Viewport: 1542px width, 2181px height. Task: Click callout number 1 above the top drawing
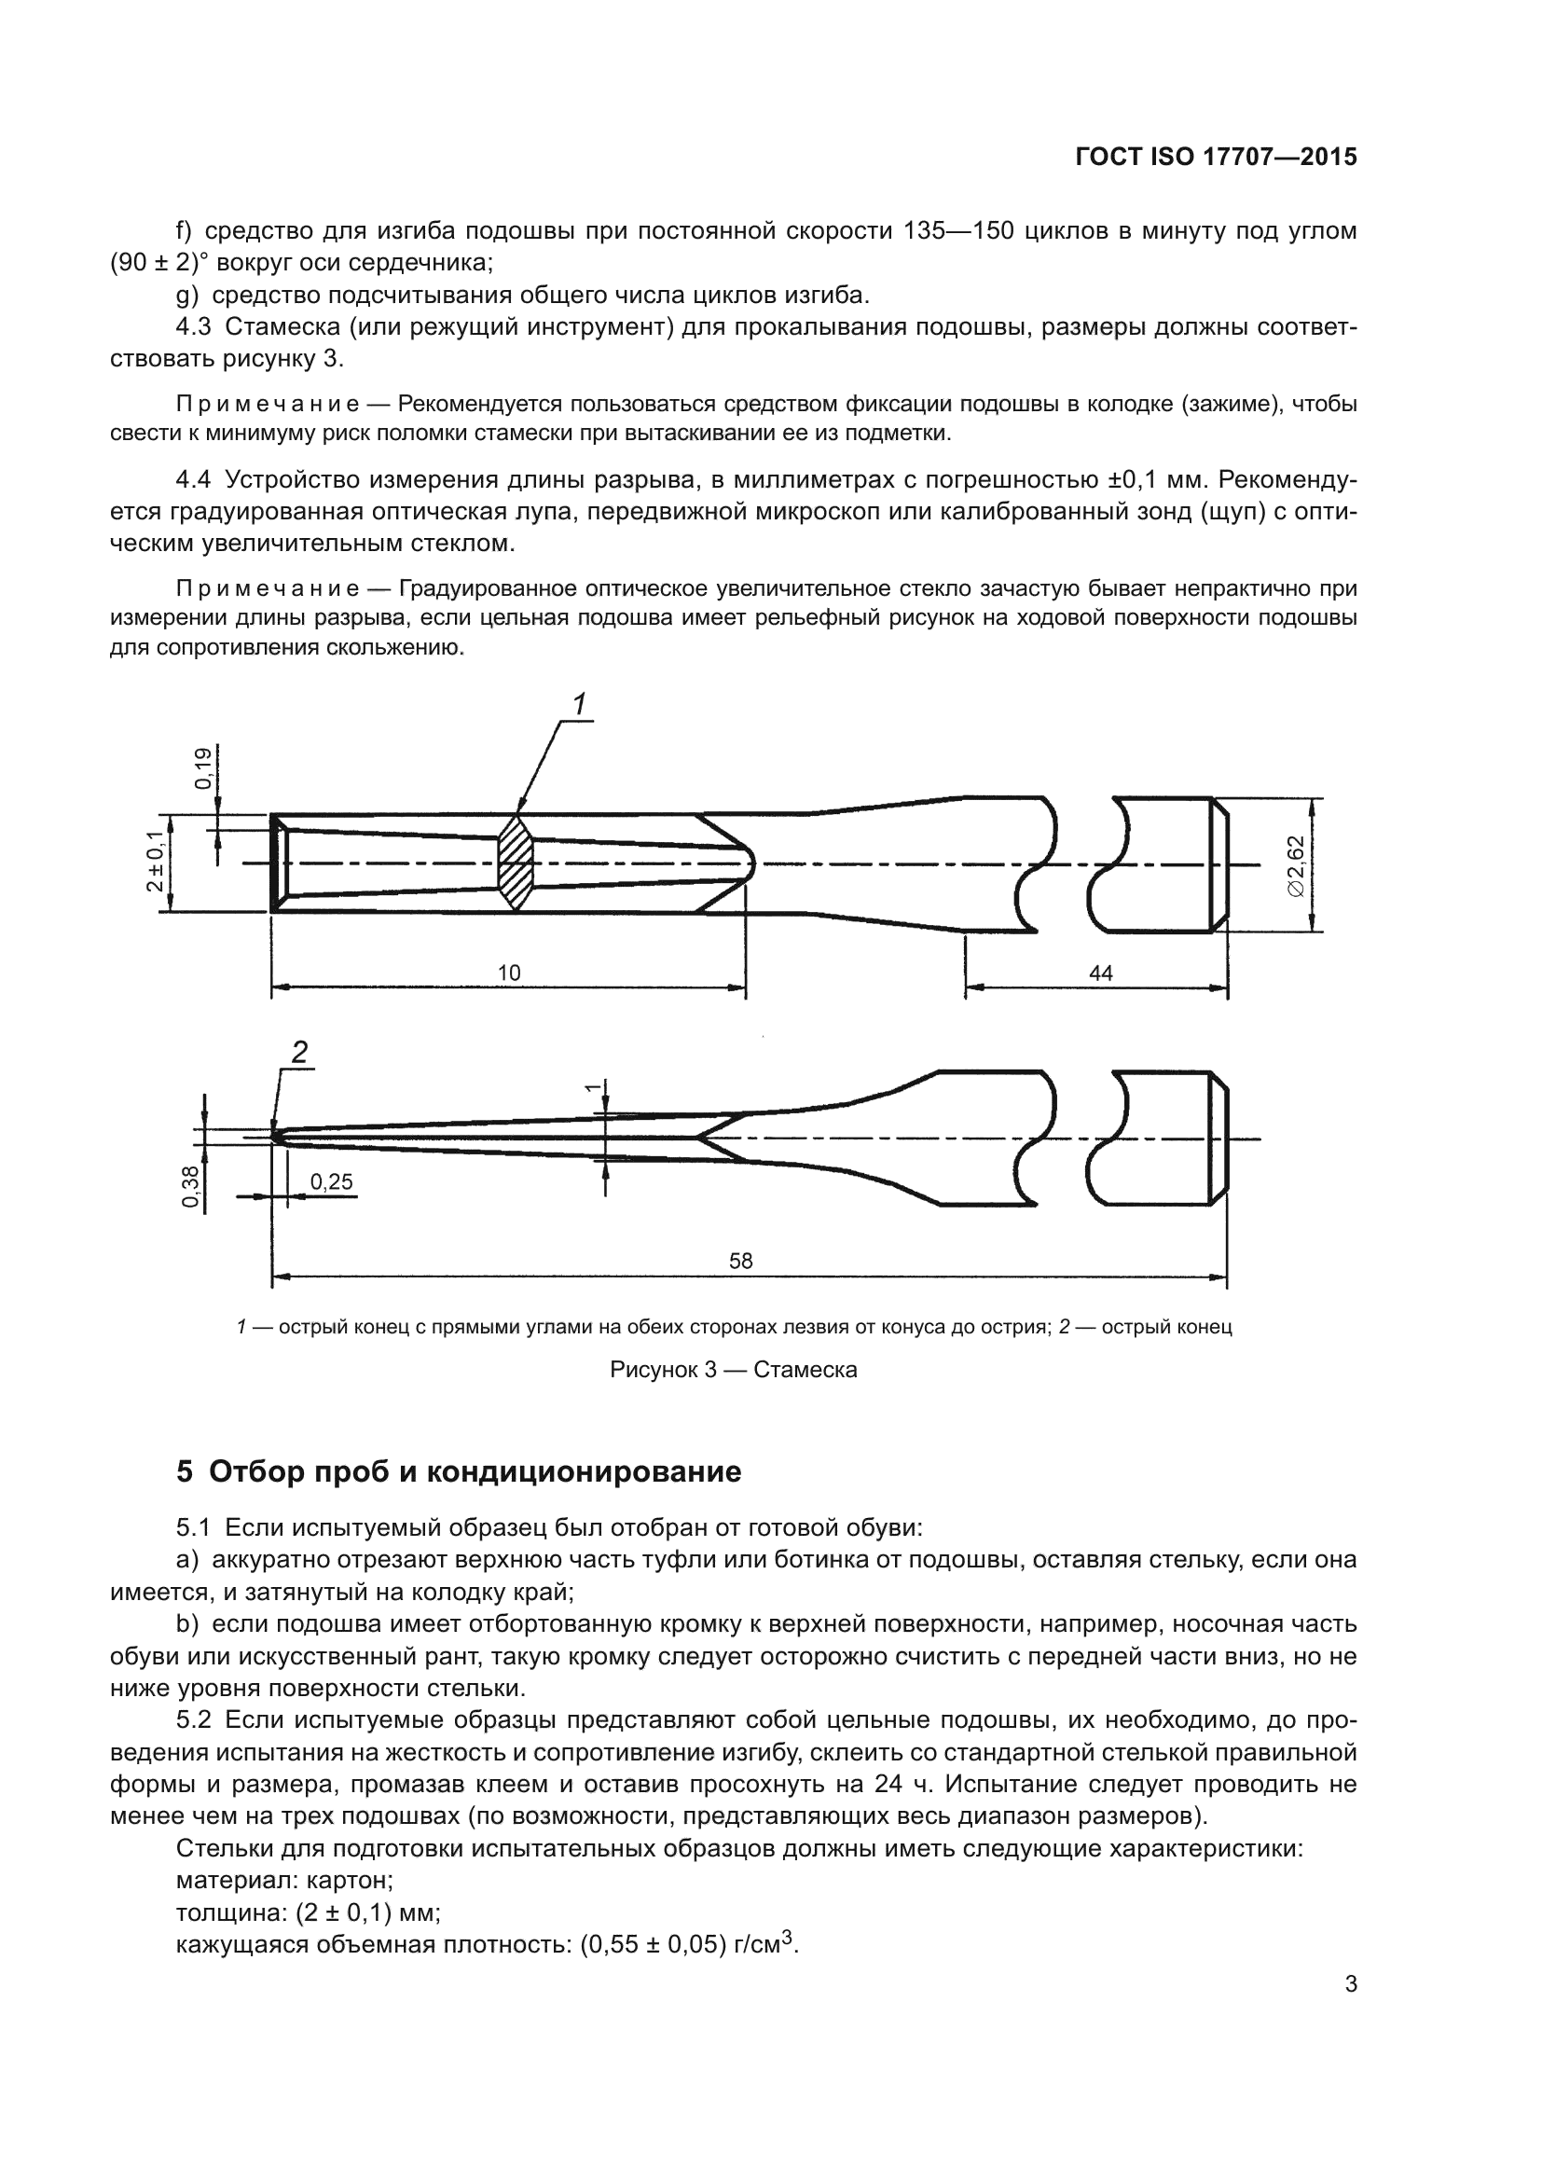pos(579,704)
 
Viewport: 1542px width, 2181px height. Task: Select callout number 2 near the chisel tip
pos(299,1052)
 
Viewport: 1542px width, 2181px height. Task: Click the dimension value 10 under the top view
pos(509,973)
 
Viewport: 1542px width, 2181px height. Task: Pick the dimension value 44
pos(1100,973)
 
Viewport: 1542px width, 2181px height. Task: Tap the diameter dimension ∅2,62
pos(1297,864)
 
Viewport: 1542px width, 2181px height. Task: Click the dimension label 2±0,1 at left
pos(155,862)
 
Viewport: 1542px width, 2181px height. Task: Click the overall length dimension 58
pos(740,1261)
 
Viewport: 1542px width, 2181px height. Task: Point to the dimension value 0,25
pos(331,1181)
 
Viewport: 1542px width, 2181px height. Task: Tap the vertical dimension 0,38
pos(190,1186)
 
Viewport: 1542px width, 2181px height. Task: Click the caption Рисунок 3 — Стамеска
pos(733,1369)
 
